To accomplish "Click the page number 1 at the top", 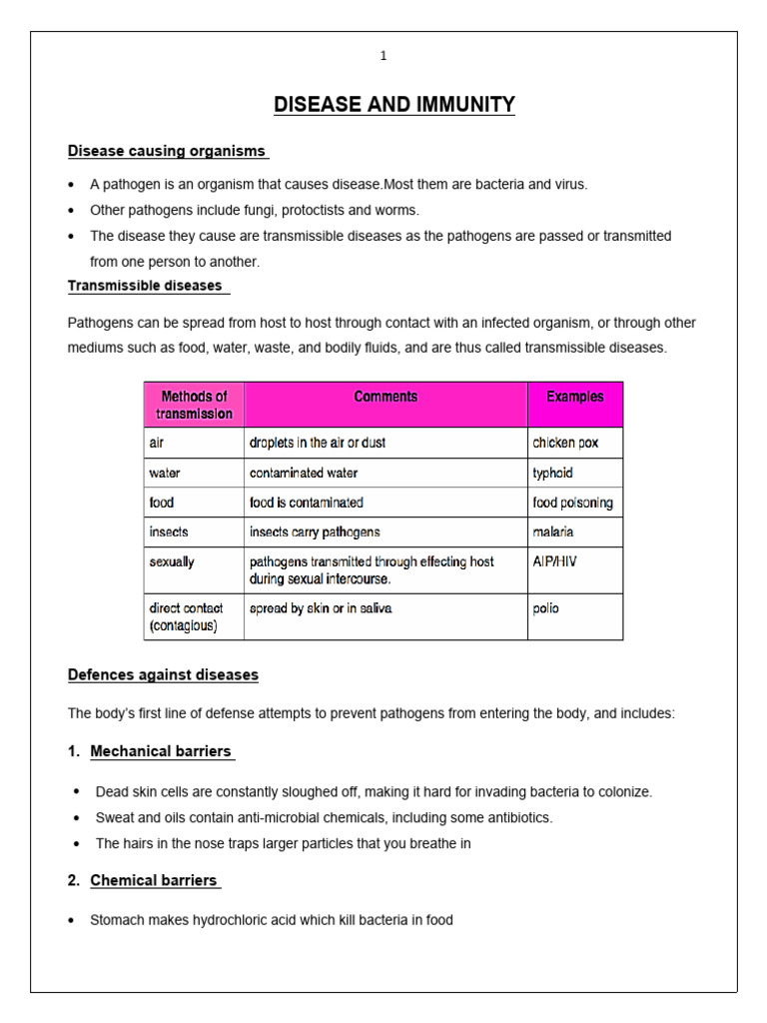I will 383,56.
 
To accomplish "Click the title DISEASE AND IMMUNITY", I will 394,105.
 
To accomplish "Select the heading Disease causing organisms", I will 167,151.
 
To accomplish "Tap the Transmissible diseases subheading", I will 146,286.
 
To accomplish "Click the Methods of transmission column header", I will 195,405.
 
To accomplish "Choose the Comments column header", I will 385,397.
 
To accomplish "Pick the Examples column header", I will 574,397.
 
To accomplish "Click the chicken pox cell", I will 565,443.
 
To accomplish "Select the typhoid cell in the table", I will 553,473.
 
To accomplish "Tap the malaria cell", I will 553,532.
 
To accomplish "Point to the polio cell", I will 546,607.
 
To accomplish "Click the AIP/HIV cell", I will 554,561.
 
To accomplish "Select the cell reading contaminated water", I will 304,473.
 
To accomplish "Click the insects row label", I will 169,532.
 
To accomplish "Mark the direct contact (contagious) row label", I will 187,616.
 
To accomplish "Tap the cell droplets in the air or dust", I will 318,443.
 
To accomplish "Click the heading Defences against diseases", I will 163,675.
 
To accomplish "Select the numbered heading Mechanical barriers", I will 161,751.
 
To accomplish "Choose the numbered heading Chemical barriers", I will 154,880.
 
